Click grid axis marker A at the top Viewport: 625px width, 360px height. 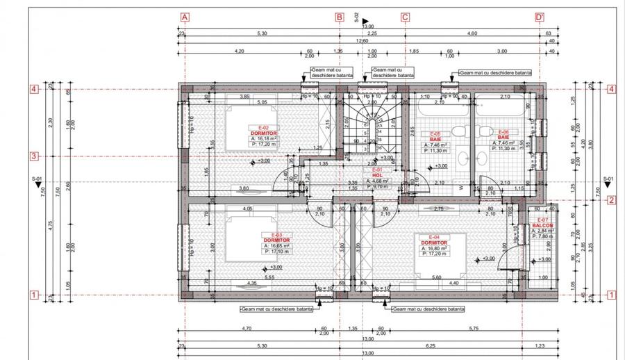[185, 17]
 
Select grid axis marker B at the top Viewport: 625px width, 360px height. [340, 17]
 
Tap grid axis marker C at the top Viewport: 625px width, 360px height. [405, 17]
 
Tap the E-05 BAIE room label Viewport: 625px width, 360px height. [435, 136]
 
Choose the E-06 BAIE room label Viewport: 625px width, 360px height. [503, 136]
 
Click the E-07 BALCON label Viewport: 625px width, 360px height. [543, 224]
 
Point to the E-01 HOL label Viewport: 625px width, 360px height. [377, 172]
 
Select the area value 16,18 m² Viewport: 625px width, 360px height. [265, 138]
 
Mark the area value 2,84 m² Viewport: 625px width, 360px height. [543, 230]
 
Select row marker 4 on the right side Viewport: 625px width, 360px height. [612, 89]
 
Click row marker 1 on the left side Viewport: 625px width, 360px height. [32, 295]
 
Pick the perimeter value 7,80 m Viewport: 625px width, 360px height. [543, 236]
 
